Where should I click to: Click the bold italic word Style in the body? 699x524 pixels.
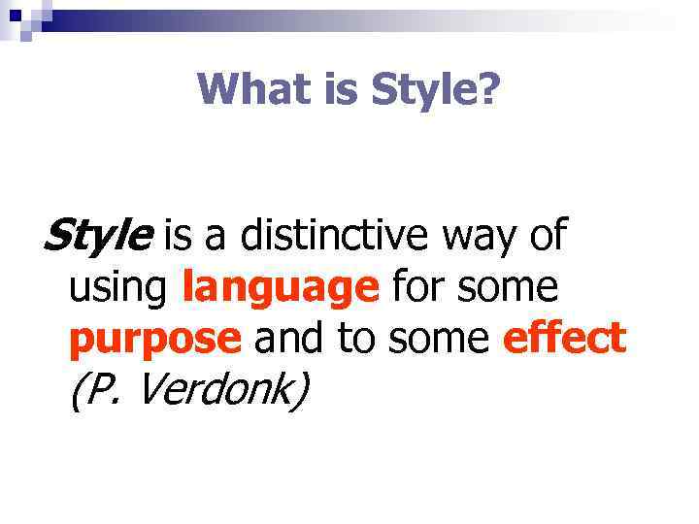tap(98, 236)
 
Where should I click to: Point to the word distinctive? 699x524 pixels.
tap(337, 236)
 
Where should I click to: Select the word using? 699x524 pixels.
tap(120, 288)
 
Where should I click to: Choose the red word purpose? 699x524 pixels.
tap(155, 341)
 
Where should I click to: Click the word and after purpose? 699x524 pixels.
tap(288, 339)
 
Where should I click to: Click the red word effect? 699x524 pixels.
tap(565, 339)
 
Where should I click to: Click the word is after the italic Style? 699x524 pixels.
tap(179, 236)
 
